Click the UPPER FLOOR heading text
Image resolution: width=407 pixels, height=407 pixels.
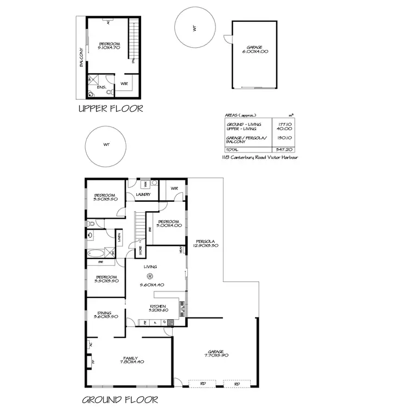point(111,109)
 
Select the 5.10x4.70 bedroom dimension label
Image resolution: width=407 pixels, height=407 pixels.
point(109,48)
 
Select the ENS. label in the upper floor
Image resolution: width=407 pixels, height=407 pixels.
point(101,87)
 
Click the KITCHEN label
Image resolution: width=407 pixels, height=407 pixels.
point(157,307)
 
